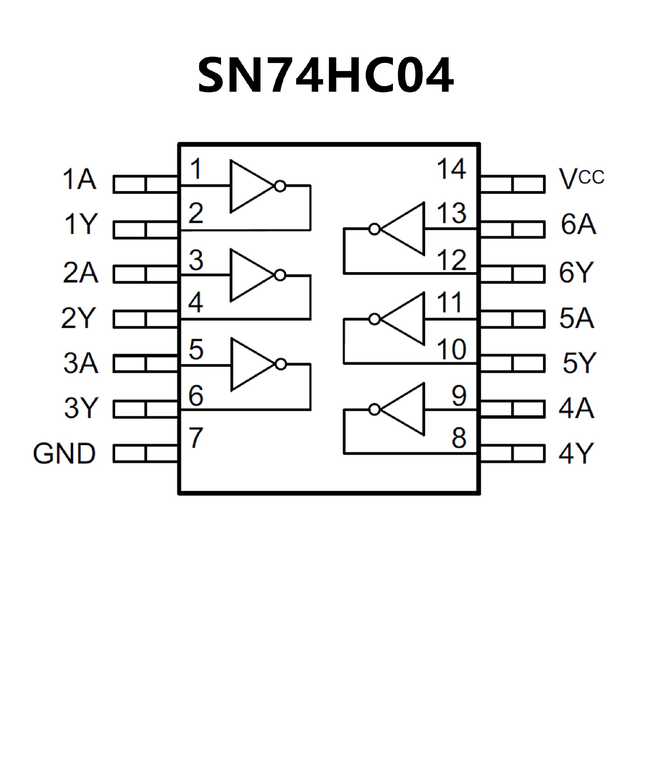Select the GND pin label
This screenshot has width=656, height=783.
[65, 454]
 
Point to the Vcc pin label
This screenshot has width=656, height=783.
[581, 178]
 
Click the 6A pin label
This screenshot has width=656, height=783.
[578, 224]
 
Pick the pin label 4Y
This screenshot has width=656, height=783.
[576, 454]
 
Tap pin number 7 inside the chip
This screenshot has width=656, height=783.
[196, 437]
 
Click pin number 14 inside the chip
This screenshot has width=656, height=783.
[451, 169]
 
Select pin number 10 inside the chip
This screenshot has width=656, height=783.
[451, 349]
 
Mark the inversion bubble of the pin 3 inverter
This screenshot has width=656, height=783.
[280, 275]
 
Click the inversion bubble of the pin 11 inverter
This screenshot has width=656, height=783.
[374, 319]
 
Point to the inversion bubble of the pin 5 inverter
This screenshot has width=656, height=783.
[281, 364]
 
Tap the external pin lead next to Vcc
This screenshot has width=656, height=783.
[513, 184]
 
